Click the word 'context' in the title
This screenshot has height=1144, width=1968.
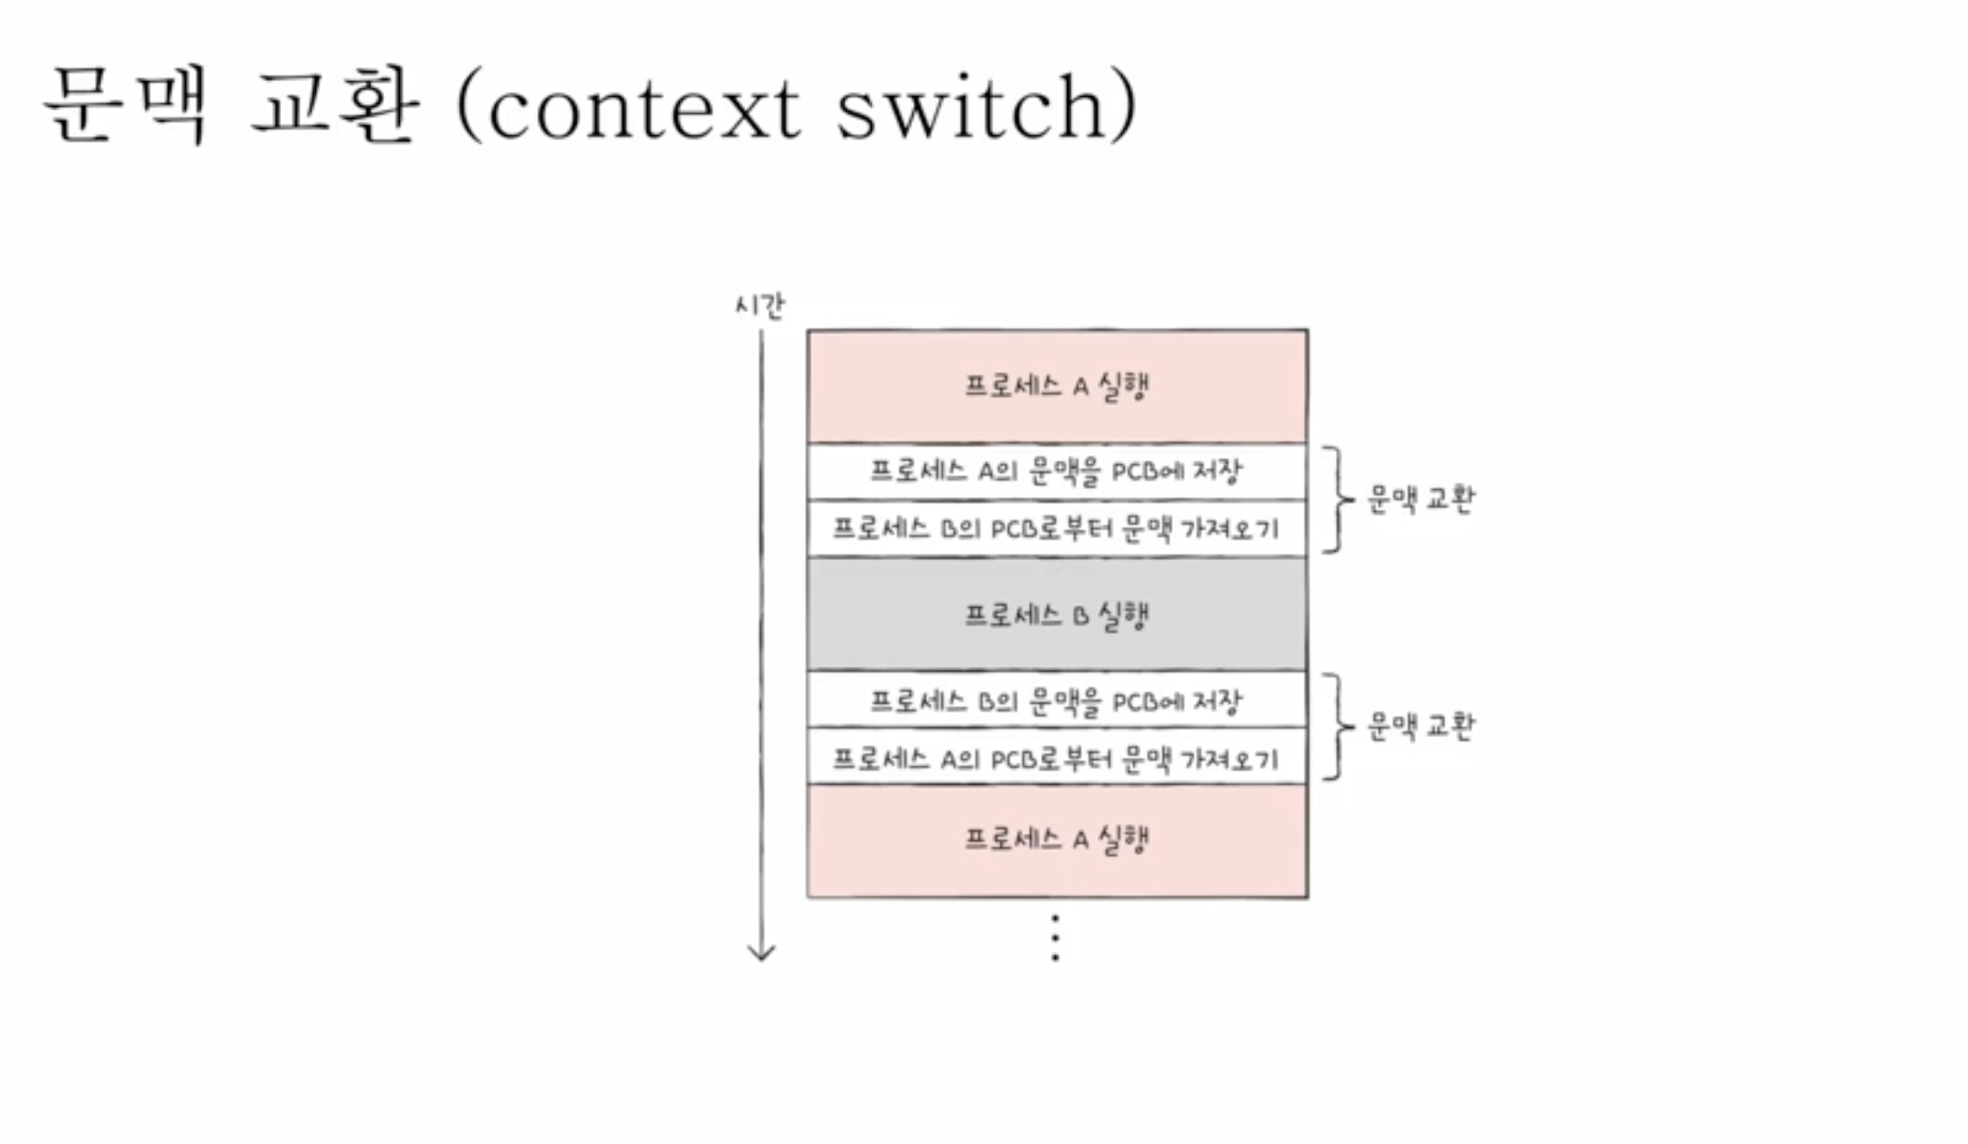(x=643, y=110)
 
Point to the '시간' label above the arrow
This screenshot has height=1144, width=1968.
(x=759, y=306)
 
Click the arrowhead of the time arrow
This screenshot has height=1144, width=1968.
(x=761, y=952)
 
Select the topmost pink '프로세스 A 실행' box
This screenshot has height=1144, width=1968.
(x=1057, y=386)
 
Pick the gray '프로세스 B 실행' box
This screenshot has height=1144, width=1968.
(x=1057, y=614)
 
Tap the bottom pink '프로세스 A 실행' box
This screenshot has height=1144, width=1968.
(x=1057, y=840)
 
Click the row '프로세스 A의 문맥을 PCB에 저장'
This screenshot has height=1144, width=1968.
(x=1057, y=472)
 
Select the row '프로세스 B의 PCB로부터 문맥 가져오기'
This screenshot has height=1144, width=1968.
(x=1057, y=529)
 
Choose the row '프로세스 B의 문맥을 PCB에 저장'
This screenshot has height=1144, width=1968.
(x=1057, y=701)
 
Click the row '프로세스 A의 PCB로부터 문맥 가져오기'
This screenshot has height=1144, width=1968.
(x=1057, y=758)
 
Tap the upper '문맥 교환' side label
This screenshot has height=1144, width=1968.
(x=1420, y=499)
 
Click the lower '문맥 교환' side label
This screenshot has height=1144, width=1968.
(x=1420, y=727)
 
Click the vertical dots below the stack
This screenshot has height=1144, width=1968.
(x=1055, y=939)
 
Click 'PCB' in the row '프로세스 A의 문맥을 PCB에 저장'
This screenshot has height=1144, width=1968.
(x=1134, y=472)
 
